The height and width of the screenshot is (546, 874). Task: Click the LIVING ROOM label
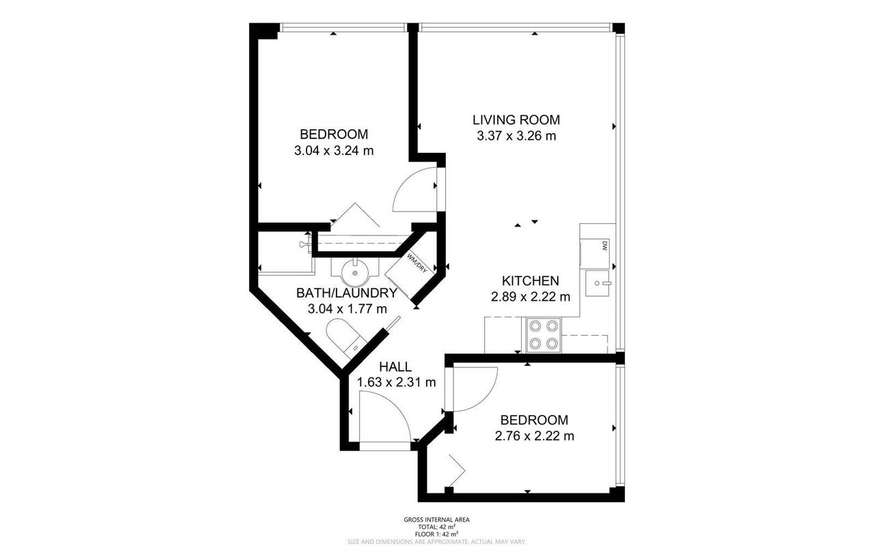[x=516, y=119]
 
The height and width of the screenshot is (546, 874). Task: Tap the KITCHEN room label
[x=531, y=281]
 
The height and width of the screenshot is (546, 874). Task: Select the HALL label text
[x=395, y=367]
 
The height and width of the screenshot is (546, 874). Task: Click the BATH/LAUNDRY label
[x=346, y=293]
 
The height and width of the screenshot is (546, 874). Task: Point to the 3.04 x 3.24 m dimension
[x=334, y=151]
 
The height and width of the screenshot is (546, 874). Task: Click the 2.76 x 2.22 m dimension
[x=534, y=435]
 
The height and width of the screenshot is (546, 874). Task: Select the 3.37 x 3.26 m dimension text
[x=516, y=136]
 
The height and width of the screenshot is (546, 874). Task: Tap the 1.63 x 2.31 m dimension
[x=396, y=383]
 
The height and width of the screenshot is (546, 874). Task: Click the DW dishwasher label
[x=605, y=245]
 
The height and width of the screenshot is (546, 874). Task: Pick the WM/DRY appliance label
[x=417, y=263]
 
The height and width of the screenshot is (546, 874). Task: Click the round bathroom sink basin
[x=355, y=273]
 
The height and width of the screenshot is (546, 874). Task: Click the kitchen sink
[x=597, y=283]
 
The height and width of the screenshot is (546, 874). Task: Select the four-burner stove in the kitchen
[x=544, y=334]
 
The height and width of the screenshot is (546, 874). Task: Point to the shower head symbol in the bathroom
[x=305, y=244]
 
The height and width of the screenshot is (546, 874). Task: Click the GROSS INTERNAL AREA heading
[x=436, y=520]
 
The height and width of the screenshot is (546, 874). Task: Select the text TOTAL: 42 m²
[x=436, y=527]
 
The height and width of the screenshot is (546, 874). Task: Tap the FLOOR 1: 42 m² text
[x=436, y=534]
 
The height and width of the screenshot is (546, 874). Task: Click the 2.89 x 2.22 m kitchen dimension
[x=531, y=297]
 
